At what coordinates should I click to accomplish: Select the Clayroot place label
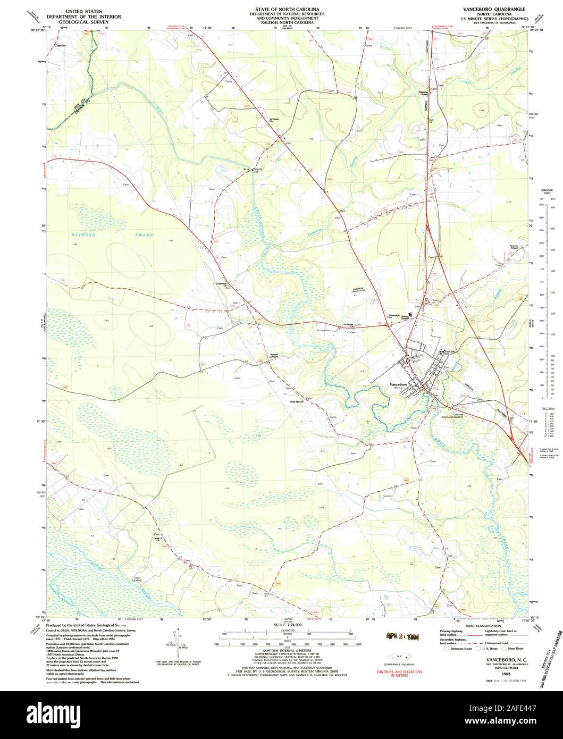[x=60, y=46]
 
